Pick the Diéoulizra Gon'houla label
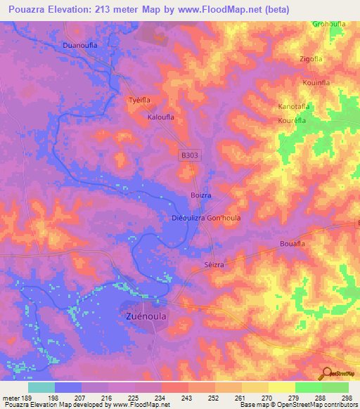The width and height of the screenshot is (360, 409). pyautogui.click(x=206, y=218)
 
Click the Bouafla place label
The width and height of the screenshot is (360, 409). pyautogui.click(x=291, y=243)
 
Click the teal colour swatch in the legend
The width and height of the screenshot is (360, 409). pyautogui.click(x=41, y=387)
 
